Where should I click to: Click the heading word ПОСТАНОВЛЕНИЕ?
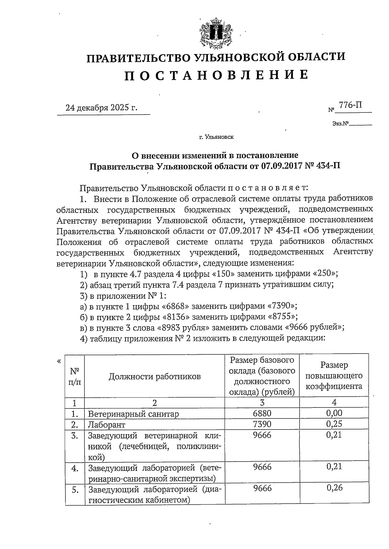click(x=216, y=75)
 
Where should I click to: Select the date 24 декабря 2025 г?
click(x=101, y=107)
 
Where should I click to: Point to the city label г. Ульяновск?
click(x=216, y=137)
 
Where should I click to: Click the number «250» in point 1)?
click(x=324, y=274)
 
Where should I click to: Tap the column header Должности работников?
click(x=155, y=376)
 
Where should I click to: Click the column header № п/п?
click(x=75, y=376)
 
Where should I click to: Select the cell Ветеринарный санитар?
click(x=133, y=414)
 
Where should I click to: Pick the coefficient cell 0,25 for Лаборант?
click(x=334, y=424)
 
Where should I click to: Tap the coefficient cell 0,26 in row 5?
click(x=334, y=488)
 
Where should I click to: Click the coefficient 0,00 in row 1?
click(x=334, y=413)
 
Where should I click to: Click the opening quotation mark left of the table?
click(x=58, y=361)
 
